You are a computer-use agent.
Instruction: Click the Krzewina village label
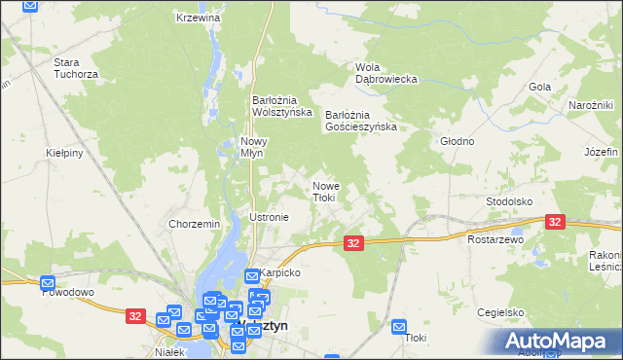point(199,18)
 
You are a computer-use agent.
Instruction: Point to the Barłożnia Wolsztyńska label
point(281,105)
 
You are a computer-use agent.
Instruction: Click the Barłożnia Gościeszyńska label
point(360,120)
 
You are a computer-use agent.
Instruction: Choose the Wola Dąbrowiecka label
point(386,72)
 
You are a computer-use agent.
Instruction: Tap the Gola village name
point(539,87)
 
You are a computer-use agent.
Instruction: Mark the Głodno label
point(457,141)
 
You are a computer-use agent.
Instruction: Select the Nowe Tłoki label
point(324,191)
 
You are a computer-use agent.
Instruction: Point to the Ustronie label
point(270,217)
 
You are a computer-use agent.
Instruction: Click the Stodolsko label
point(508,201)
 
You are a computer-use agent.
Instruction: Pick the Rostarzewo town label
point(495,238)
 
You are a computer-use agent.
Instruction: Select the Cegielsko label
point(501,312)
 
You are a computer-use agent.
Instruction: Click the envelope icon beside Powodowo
point(48,283)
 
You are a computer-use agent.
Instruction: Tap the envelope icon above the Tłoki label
point(398,327)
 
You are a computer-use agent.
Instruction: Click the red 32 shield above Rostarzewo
point(555,223)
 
